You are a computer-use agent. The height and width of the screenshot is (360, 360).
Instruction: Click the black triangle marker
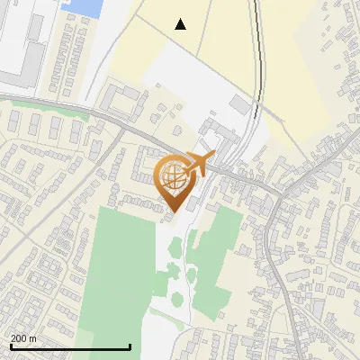click(x=181, y=24)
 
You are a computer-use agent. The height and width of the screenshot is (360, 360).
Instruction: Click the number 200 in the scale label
click(x=19, y=338)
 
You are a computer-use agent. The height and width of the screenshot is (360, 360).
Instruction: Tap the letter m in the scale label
click(x=34, y=338)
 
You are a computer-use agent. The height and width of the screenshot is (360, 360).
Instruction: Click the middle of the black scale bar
click(x=70, y=346)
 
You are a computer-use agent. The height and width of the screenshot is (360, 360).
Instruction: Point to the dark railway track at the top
click(x=259, y=54)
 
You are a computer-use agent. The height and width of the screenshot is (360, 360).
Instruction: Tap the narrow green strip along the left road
click(x=54, y=112)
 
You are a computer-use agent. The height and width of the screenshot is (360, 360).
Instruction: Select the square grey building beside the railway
click(x=239, y=103)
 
